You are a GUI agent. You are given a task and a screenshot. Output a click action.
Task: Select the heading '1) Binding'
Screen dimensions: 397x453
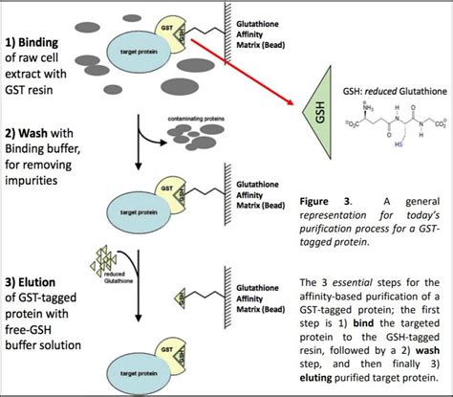click(40, 43)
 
